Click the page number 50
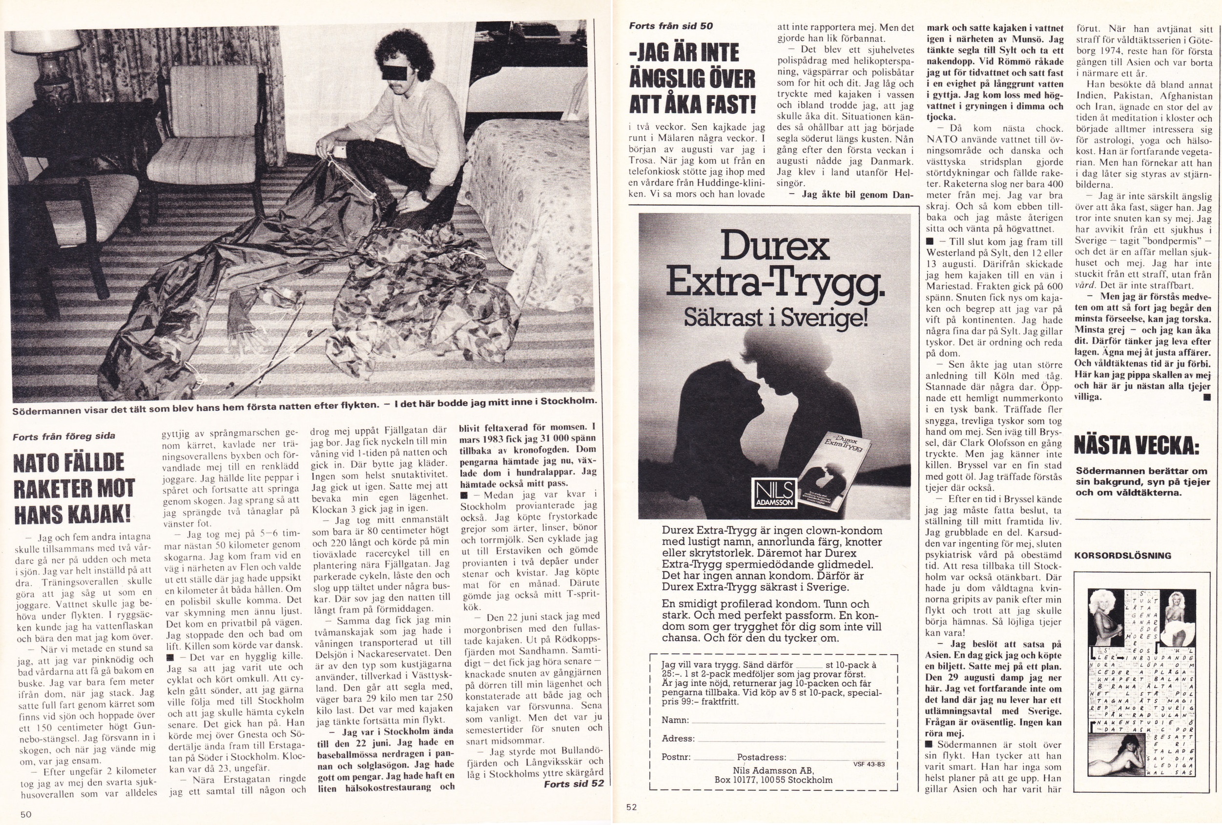[x=26, y=814]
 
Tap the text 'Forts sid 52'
[x=574, y=784]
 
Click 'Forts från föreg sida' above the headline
[x=63, y=436]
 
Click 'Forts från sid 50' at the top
[x=671, y=26]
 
